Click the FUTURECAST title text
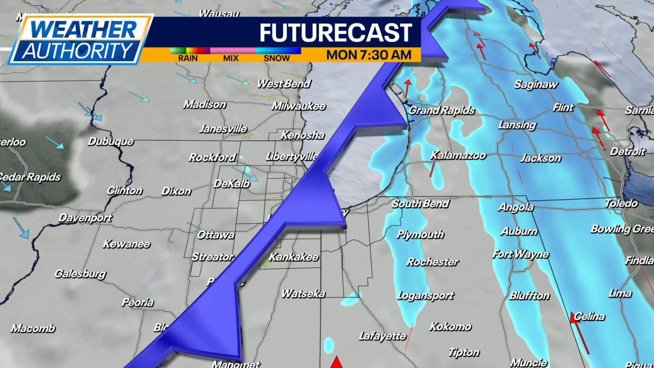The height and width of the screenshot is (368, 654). click(335, 33)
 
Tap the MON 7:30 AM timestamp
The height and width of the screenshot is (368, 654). click(369, 55)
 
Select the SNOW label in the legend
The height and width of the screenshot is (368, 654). click(276, 58)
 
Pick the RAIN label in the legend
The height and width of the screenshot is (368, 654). click(188, 58)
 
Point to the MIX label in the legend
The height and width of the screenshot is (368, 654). click(231, 58)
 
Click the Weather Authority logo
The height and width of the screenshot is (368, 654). click(80, 39)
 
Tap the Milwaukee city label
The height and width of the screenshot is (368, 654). click(298, 106)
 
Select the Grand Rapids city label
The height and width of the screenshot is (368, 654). click(441, 110)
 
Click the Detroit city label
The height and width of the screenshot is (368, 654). click(628, 151)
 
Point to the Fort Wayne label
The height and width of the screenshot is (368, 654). click(520, 254)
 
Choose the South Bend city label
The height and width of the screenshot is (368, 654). click(420, 203)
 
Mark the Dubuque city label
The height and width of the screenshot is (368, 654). click(110, 142)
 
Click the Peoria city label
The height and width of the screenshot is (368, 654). click(137, 302)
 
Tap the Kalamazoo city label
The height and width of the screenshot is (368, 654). click(458, 155)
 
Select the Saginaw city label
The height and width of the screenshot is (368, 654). click(536, 84)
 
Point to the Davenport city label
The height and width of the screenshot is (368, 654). click(85, 218)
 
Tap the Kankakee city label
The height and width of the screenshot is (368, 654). click(294, 257)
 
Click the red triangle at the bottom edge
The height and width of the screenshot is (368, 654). click(336, 362)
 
